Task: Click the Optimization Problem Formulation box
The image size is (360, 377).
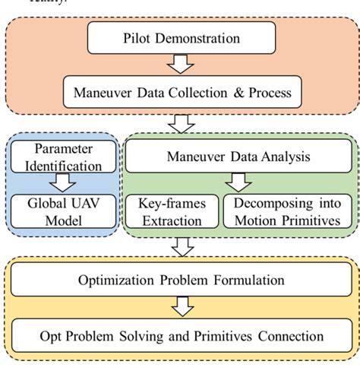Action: tap(180, 280)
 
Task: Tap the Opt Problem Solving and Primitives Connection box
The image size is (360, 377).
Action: tap(180, 335)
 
